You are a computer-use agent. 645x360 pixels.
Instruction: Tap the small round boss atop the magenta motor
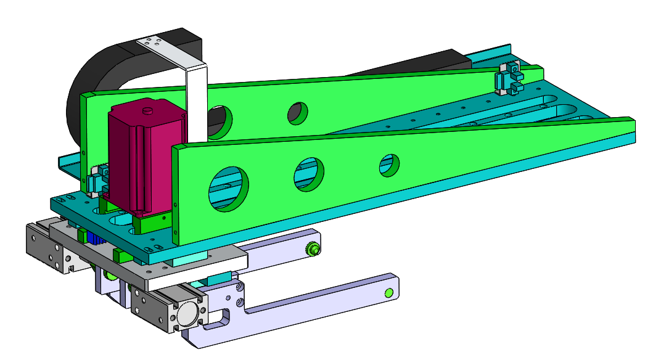(147, 111)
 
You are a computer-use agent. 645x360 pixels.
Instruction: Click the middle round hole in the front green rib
(309, 173)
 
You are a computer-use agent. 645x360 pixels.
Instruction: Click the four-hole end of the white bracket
(151, 44)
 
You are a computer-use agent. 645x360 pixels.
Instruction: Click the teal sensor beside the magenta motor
(97, 181)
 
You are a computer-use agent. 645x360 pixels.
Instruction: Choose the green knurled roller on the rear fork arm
(314, 249)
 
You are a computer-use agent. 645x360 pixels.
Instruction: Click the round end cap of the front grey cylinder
(189, 315)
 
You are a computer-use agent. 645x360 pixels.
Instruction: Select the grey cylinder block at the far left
(45, 247)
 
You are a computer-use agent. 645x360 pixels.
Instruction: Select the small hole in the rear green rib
(298, 112)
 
